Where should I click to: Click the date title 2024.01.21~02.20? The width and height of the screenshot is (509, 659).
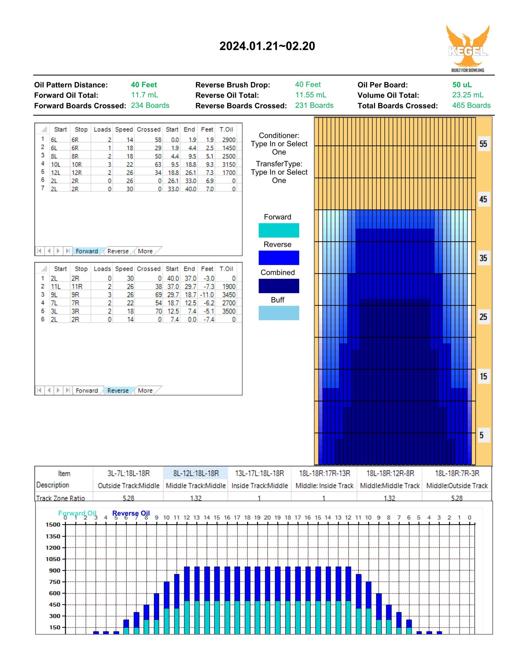tap(267, 46)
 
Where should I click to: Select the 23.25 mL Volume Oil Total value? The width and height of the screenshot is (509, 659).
tap(468, 95)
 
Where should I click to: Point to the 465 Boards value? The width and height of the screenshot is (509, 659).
tap(471, 105)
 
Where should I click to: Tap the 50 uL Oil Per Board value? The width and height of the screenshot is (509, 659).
tap(462, 85)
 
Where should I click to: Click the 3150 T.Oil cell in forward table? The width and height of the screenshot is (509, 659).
tap(229, 164)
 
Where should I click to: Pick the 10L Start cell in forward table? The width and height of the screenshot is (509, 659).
tap(56, 164)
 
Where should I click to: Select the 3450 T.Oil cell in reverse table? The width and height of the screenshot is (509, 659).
tap(229, 295)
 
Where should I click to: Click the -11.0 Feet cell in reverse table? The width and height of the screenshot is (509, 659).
tap(207, 295)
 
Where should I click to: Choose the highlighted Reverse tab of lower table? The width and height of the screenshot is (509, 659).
tap(118, 391)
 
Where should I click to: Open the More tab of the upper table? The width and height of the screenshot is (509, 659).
tap(145, 251)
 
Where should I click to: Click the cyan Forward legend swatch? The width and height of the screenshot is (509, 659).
tap(279, 230)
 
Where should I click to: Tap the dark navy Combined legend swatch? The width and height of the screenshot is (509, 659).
tap(279, 286)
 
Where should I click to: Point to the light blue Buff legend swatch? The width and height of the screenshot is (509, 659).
tap(279, 313)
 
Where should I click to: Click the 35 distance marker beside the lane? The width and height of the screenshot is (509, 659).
tap(483, 258)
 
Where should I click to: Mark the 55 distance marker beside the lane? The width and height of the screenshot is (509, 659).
tap(483, 144)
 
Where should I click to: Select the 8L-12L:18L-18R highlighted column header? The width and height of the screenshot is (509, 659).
tap(196, 473)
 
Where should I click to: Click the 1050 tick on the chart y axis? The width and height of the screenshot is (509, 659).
tap(53, 559)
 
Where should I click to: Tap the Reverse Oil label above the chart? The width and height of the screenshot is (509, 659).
tap(131, 513)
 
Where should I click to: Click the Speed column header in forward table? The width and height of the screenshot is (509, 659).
tap(124, 129)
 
